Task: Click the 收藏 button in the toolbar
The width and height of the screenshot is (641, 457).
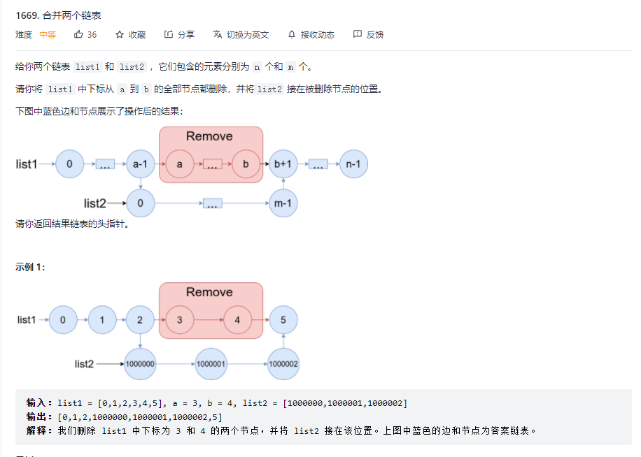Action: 131,34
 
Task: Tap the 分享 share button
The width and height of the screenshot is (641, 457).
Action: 180,34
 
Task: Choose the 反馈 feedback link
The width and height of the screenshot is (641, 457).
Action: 369,34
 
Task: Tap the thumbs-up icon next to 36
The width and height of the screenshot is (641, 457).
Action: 78,34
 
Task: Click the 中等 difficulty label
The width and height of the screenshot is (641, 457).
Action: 48,34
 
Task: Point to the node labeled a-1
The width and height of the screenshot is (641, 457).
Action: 141,164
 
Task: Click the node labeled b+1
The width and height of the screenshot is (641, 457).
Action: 283,164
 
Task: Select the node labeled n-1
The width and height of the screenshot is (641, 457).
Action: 353,164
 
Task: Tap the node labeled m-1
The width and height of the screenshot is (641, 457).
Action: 283,203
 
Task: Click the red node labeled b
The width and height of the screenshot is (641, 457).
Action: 246,164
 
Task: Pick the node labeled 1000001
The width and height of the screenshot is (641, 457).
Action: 211,364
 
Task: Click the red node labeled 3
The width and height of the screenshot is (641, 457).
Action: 180,320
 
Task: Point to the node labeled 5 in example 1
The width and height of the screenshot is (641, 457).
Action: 283,320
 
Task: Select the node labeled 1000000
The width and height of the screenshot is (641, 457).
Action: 141,364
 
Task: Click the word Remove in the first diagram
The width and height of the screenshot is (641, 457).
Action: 209,136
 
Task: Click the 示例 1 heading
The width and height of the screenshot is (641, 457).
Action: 30,267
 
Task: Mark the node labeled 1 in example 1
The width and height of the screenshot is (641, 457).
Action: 102,320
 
